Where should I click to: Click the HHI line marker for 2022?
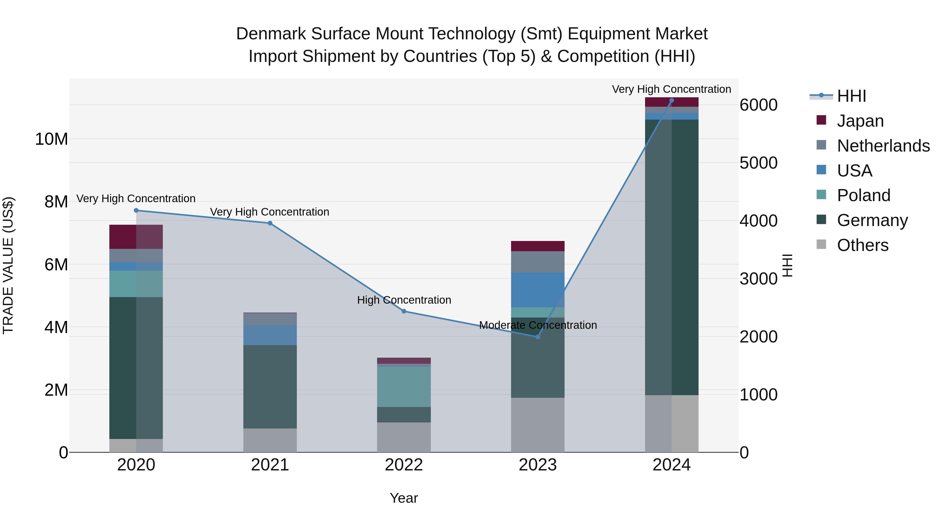click(x=404, y=311)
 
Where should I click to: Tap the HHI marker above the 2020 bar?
click(x=136, y=210)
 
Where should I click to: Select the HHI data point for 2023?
click(x=538, y=337)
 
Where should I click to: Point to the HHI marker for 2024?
click(x=671, y=100)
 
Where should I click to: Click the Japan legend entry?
click(x=860, y=121)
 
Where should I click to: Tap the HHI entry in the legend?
click(x=851, y=96)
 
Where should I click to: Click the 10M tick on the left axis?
click(x=51, y=139)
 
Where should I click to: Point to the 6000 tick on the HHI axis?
click(x=758, y=105)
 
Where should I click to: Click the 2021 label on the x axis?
click(x=270, y=465)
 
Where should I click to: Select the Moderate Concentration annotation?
click(x=538, y=325)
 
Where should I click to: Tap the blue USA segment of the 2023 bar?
click(x=538, y=289)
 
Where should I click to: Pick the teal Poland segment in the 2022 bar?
click(x=404, y=387)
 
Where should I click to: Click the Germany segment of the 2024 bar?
click(x=671, y=256)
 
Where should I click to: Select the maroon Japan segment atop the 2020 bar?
click(x=136, y=237)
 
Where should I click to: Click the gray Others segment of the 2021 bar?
click(x=270, y=440)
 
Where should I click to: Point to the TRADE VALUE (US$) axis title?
click(x=8, y=265)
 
